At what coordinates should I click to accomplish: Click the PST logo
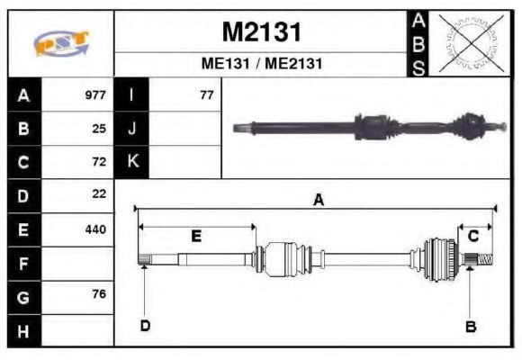[60, 43]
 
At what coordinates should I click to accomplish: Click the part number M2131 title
[261, 32]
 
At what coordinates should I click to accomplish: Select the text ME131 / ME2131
[261, 65]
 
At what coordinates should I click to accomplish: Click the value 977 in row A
[95, 94]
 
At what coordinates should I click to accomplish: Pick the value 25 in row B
[99, 128]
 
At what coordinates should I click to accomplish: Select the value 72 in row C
[99, 162]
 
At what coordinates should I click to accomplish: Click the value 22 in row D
[99, 194]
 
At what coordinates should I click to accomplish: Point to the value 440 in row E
[95, 229]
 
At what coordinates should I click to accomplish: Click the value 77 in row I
[206, 94]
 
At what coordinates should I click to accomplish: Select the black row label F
[23, 263]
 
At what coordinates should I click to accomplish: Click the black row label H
[23, 330]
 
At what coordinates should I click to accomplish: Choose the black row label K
[132, 162]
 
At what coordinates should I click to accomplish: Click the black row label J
[132, 128]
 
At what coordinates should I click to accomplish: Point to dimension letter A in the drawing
[318, 201]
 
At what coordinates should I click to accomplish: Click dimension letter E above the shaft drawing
[195, 236]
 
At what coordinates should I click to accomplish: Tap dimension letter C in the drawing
[473, 236]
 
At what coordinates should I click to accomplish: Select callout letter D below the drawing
[144, 326]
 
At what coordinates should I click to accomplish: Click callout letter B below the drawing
[470, 326]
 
